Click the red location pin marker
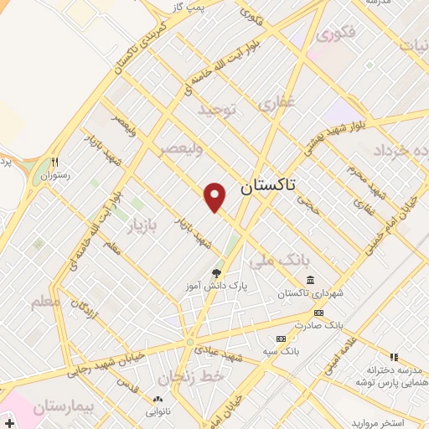pos(216,196)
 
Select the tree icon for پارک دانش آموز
pos(217,272)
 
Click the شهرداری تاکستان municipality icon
pos(310,280)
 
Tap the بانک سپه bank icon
pos(280,339)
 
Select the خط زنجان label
pos(197,377)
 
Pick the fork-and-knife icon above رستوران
pos(54,162)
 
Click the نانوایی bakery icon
pos(158,399)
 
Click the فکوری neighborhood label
pos(337,35)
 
